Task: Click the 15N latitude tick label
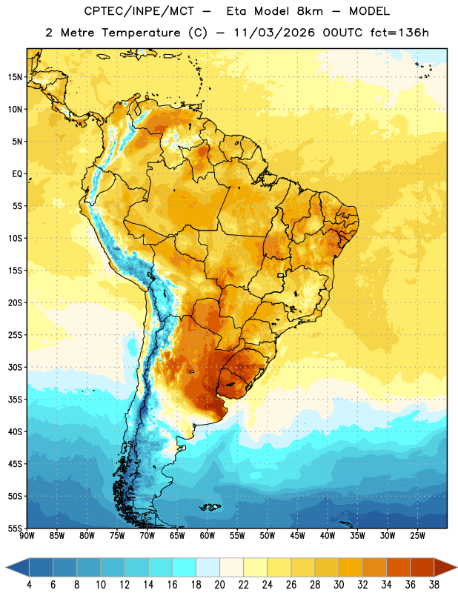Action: point(15,77)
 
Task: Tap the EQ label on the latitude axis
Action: point(17,174)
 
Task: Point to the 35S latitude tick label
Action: point(15,400)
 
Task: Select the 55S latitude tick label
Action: point(15,528)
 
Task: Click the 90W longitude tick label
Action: point(27,536)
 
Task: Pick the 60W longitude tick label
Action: point(208,536)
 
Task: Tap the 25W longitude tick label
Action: point(417,536)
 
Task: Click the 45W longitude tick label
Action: point(297,536)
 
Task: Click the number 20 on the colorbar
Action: point(219,585)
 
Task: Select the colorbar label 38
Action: point(434,585)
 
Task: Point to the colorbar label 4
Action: point(29,585)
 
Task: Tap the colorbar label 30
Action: point(339,585)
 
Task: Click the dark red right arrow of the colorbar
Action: point(445,567)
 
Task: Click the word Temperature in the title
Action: point(141,33)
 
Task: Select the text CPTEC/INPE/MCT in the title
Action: point(139,11)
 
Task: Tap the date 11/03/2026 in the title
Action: point(274,33)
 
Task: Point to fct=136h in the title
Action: point(399,33)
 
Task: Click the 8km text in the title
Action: point(310,11)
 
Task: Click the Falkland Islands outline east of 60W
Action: point(210,507)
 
